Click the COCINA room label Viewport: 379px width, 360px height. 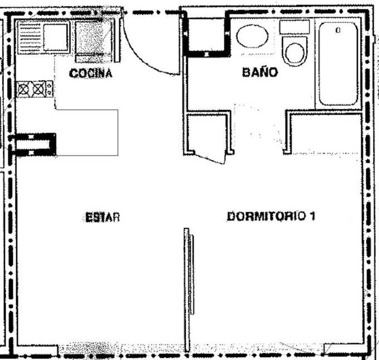click(91, 73)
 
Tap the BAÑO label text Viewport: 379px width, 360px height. click(260, 72)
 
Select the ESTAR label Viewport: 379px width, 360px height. click(103, 217)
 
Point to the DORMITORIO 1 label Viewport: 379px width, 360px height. click(271, 216)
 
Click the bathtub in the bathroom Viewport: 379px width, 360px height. click(338, 64)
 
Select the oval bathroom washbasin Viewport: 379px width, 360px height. click(252, 36)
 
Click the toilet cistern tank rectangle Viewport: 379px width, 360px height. click(294, 27)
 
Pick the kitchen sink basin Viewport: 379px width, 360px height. click(55, 37)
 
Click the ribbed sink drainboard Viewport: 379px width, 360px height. click(30, 37)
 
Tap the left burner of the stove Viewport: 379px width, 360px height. click(23, 90)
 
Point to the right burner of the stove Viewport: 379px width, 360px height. click(38, 89)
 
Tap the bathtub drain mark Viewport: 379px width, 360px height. click(338, 30)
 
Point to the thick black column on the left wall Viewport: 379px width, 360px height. click(33, 144)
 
